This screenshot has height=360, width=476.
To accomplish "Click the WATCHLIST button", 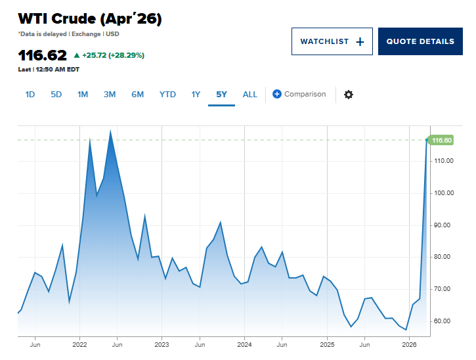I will coord(332,41).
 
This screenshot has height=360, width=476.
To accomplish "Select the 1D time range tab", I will coord(30,94).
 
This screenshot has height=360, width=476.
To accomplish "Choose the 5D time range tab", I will coord(56,94).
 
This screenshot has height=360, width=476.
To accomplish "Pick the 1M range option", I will coord(83,94).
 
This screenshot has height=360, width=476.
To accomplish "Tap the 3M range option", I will coord(110,94).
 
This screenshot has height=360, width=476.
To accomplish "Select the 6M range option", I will coord(137,94).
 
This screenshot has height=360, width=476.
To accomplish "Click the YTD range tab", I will coord(167,94).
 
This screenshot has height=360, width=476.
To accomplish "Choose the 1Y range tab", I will coord(196,94).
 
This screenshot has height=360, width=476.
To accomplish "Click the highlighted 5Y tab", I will coord(221,94).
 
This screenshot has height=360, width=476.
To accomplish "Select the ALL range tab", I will coord(250,94).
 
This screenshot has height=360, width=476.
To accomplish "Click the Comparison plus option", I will coord(299,94).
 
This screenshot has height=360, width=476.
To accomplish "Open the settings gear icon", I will coord(349,94).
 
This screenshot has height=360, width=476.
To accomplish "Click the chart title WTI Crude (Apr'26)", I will coord(90,19).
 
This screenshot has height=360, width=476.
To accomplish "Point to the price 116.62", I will coord(42,55).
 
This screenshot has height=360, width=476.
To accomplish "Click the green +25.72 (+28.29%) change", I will coord(109,55).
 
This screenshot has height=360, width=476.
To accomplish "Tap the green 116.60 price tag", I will coord(441,140).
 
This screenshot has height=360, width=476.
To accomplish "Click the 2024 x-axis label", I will coord(244,344).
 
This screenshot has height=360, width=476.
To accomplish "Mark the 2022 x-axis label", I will coord(79,344).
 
